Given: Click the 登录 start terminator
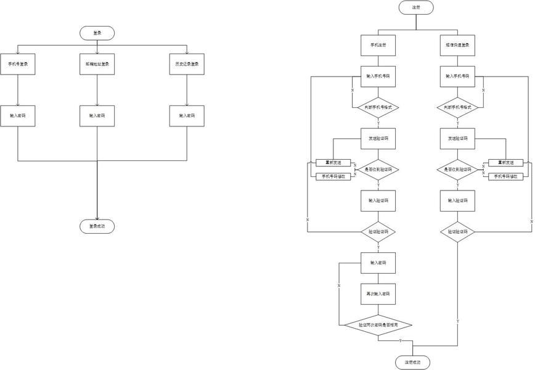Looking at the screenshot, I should click(x=97, y=33).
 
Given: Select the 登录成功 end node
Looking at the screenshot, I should click(x=97, y=226).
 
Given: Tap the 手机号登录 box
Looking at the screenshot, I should click(x=18, y=64).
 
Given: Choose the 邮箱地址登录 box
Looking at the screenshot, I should click(x=97, y=64).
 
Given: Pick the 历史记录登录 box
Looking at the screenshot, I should click(x=186, y=64).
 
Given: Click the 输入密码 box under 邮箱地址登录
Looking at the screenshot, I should click(x=97, y=116).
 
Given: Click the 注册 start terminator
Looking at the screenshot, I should click(x=416, y=7).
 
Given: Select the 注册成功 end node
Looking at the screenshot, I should click(x=412, y=362).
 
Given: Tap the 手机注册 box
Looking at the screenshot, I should click(x=378, y=45).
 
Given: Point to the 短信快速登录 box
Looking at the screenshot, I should click(x=457, y=45).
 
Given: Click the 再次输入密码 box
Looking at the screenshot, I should click(x=378, y=294).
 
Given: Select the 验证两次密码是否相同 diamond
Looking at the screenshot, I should click(x=378, y=324).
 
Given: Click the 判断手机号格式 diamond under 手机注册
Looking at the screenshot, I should click(x=378, y=107).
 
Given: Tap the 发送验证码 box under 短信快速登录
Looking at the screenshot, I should click(x=457, y=138).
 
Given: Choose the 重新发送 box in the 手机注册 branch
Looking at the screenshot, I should click(x=333, y=163).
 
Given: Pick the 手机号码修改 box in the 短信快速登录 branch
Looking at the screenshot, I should click(x=505, y=176).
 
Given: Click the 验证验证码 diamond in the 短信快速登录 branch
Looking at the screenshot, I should click(x=457, y=232).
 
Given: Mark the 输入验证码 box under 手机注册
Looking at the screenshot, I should click(x=378, y=200).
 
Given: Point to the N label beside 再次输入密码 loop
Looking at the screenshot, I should click(x=339, y=286).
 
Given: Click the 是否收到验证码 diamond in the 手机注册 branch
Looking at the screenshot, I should click(x=378, y=170).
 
